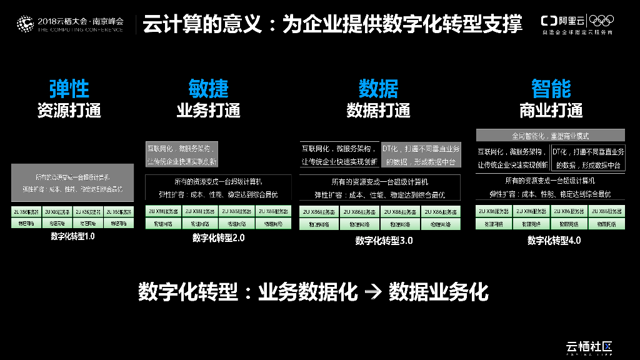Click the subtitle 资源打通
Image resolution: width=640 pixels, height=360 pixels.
(x=69, y=111)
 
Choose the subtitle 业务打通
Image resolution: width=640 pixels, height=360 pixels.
(x=209, y=111)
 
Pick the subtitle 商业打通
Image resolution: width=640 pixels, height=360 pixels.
(x=551, y=111)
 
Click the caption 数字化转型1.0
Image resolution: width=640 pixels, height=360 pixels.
(x=73, y=236)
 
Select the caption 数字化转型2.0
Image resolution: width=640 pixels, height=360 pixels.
(x=219, y=237)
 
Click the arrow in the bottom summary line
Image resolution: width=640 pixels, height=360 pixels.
(x=372, y=292)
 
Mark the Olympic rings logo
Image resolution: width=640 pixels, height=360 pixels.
(x=602, y=21)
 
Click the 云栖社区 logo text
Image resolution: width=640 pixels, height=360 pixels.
(x=587, y=346)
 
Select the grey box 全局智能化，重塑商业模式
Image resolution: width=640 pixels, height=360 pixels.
(x=551, y=135)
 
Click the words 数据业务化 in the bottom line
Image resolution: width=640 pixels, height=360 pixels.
(x=438, y=292)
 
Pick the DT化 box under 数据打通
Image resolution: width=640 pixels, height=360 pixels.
(x=421, y=155)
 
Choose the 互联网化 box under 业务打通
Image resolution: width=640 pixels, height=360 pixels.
(x=182, y=155)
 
